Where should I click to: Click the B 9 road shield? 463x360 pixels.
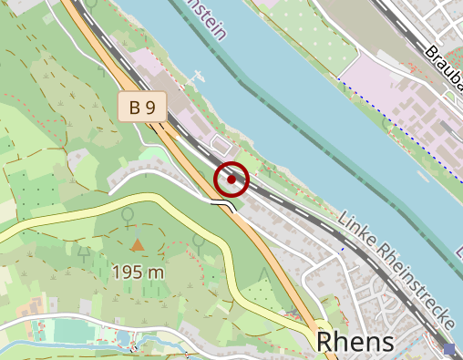click(142, 108)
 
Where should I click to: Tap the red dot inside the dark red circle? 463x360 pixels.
click(231, 180)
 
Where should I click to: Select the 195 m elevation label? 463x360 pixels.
click(138, 272)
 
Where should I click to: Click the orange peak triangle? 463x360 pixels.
click(137, 244)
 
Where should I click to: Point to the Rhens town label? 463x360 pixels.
click(355, 342)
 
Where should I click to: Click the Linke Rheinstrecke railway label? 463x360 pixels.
click(396, 271)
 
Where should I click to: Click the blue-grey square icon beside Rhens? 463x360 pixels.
click(448, 348)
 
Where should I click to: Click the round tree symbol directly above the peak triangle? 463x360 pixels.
click(128, 215)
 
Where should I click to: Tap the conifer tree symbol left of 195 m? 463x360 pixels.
click(85, 252)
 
